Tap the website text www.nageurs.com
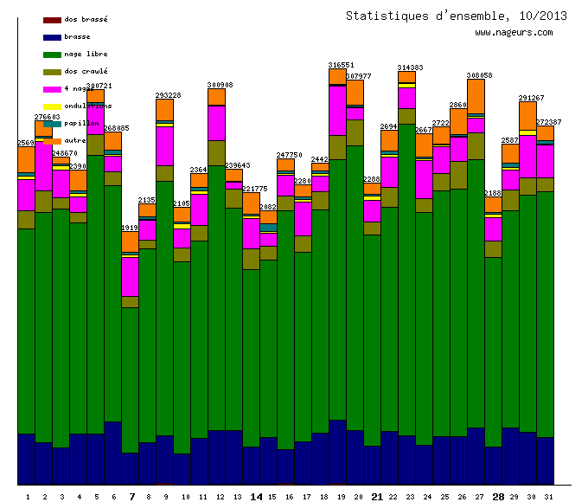click(514, 33)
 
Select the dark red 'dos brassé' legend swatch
click(52, 19)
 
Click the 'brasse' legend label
click(77, 36)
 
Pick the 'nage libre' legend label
click(86, 54)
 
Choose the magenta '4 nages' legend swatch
click(52, 88)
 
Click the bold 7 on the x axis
click(131, 497)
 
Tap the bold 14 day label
click(256, 497)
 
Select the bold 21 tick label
click(377, 497)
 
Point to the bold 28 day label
click(498, 497)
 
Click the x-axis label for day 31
click(549, 497)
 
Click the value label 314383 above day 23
click(410, 68)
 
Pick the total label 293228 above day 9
click(168, 95)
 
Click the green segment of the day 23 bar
click(406, 277)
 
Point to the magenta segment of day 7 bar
click(130, 276)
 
